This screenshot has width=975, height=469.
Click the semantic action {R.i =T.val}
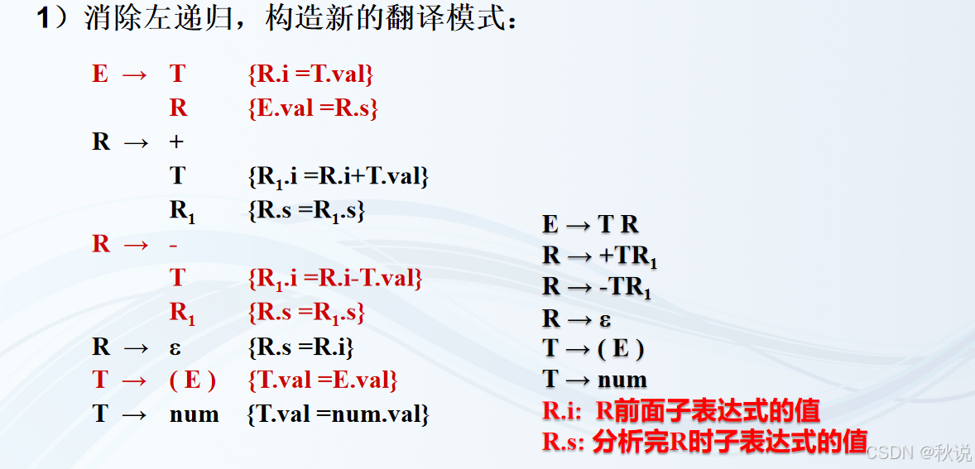click(x=310, y=74)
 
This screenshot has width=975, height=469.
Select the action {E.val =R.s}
click(x=313, y=108)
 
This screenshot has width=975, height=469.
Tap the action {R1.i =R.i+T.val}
click(x=338, y=176)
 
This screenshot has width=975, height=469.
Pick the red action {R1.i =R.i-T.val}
click(x=335, y=279)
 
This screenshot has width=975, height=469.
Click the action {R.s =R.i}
click(x=300, y=347)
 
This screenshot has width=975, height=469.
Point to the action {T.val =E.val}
click(x=323, y=380)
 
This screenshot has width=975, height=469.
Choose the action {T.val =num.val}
click(x=338, y=414)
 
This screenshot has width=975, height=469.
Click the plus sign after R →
click(x=176, y=142)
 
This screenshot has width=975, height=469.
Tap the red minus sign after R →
click(x=174, y=245)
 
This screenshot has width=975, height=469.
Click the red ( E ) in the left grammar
click(x=192, y=380)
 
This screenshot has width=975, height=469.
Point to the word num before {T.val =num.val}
click(x=194, y=414)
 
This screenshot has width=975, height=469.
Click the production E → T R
click(x=590, y=224)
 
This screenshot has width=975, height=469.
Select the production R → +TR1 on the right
click(x=600, y=256)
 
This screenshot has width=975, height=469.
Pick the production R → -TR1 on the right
click(x=597, y=287)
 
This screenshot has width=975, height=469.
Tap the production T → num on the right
click(x=594, y=380)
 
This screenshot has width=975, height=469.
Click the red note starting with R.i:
click(x=680, y=410)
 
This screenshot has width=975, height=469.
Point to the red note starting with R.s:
click(x=704, y=442)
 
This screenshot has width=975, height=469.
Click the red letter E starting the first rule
click(x=100, y=74)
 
